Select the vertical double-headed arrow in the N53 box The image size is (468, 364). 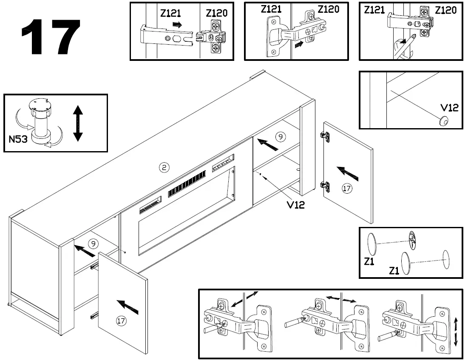point(77,123)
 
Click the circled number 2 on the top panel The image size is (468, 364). point(164,167)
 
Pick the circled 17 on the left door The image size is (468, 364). point(122,321)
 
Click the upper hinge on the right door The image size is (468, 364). point(325,136)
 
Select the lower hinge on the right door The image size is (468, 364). point(325,186)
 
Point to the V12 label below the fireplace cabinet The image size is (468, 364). point(295,205)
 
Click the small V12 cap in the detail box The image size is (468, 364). point(443,121)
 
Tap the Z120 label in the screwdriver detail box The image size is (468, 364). point(446,10)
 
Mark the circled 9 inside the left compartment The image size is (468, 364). point(93,244)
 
